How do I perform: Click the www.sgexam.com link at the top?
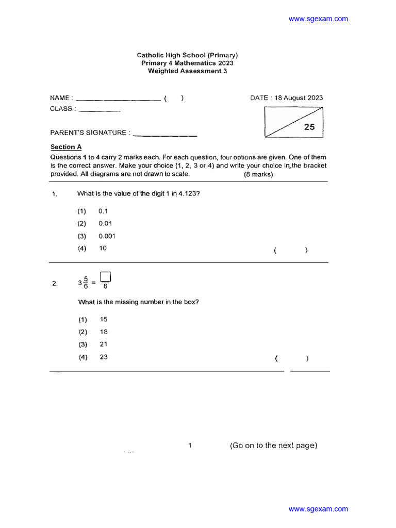318,19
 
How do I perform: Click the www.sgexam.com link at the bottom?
318,509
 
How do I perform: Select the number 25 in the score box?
309,127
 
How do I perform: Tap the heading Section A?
66,147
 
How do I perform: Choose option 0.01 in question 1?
105,224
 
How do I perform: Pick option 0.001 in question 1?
107,236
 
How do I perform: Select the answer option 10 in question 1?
103,249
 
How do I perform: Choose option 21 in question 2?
104,344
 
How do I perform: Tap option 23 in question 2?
104,357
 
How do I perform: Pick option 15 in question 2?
104,320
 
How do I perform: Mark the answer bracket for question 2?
292,359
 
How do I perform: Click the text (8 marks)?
258,174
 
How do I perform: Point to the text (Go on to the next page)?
273,445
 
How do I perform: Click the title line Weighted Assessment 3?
187,71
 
